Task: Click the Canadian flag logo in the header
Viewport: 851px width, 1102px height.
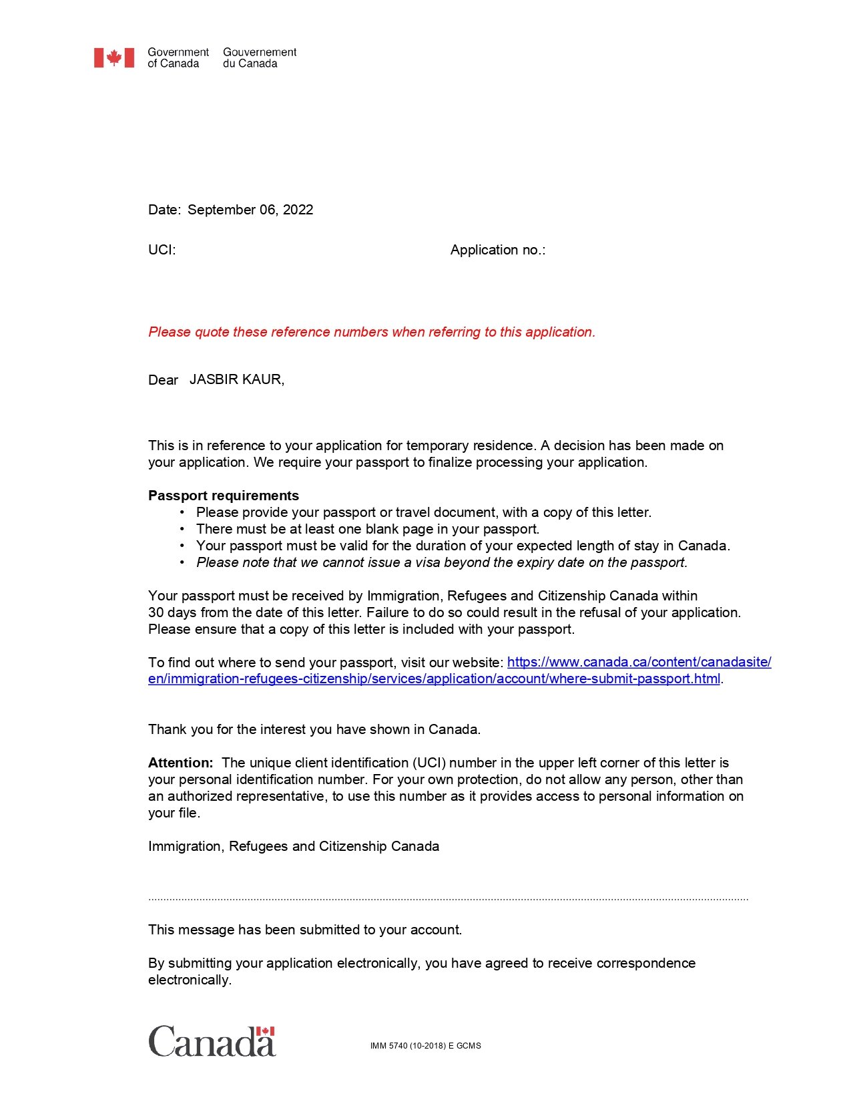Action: click(113, 57)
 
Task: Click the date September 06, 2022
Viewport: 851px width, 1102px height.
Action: click(250, 210)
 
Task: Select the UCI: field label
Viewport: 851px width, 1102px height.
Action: click(162, 250)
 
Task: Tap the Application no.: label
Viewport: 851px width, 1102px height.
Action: click(498, 250)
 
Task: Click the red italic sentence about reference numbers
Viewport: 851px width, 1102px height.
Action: click(372, 332)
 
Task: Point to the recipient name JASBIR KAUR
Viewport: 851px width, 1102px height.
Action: click(236, 379)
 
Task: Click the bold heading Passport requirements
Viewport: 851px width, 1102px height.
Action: click(224, 496)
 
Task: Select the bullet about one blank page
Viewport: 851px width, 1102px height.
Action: click(367, 529)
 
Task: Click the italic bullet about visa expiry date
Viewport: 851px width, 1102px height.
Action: click(441, 562)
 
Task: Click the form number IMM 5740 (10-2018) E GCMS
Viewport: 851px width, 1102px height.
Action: click(425, 1046)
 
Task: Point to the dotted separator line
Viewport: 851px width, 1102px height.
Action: click(448, 900)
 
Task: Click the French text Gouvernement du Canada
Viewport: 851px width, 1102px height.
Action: click(260, 57)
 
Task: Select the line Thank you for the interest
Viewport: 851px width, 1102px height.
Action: click(314, 729)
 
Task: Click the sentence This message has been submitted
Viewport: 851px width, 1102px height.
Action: click(305, 930)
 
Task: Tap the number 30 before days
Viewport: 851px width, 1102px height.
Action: click(156, 612)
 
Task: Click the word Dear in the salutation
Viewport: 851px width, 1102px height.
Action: click(163, 380)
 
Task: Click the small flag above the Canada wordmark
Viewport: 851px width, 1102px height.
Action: click(266, 1031)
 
